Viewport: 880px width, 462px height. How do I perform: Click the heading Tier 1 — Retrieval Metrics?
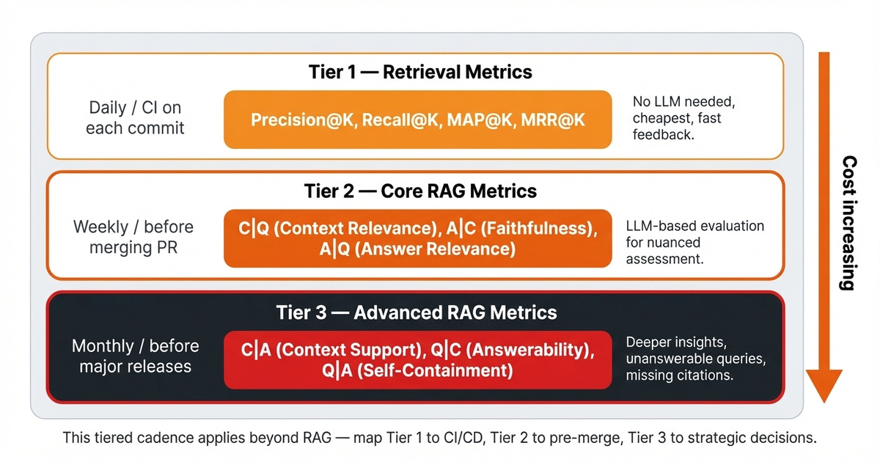[420, 72]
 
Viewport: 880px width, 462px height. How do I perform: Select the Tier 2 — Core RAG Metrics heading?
[420, 191]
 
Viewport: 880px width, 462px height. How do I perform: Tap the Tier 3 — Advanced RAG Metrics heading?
[417, 312]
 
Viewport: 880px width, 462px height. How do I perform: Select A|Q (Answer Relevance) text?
[417, 249]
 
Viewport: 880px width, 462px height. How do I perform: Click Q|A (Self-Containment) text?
[417, 370]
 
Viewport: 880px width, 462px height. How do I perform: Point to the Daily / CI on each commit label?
[135, 117]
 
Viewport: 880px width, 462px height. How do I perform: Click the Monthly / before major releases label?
[135, 356]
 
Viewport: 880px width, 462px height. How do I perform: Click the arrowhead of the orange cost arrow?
[824, 386]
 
